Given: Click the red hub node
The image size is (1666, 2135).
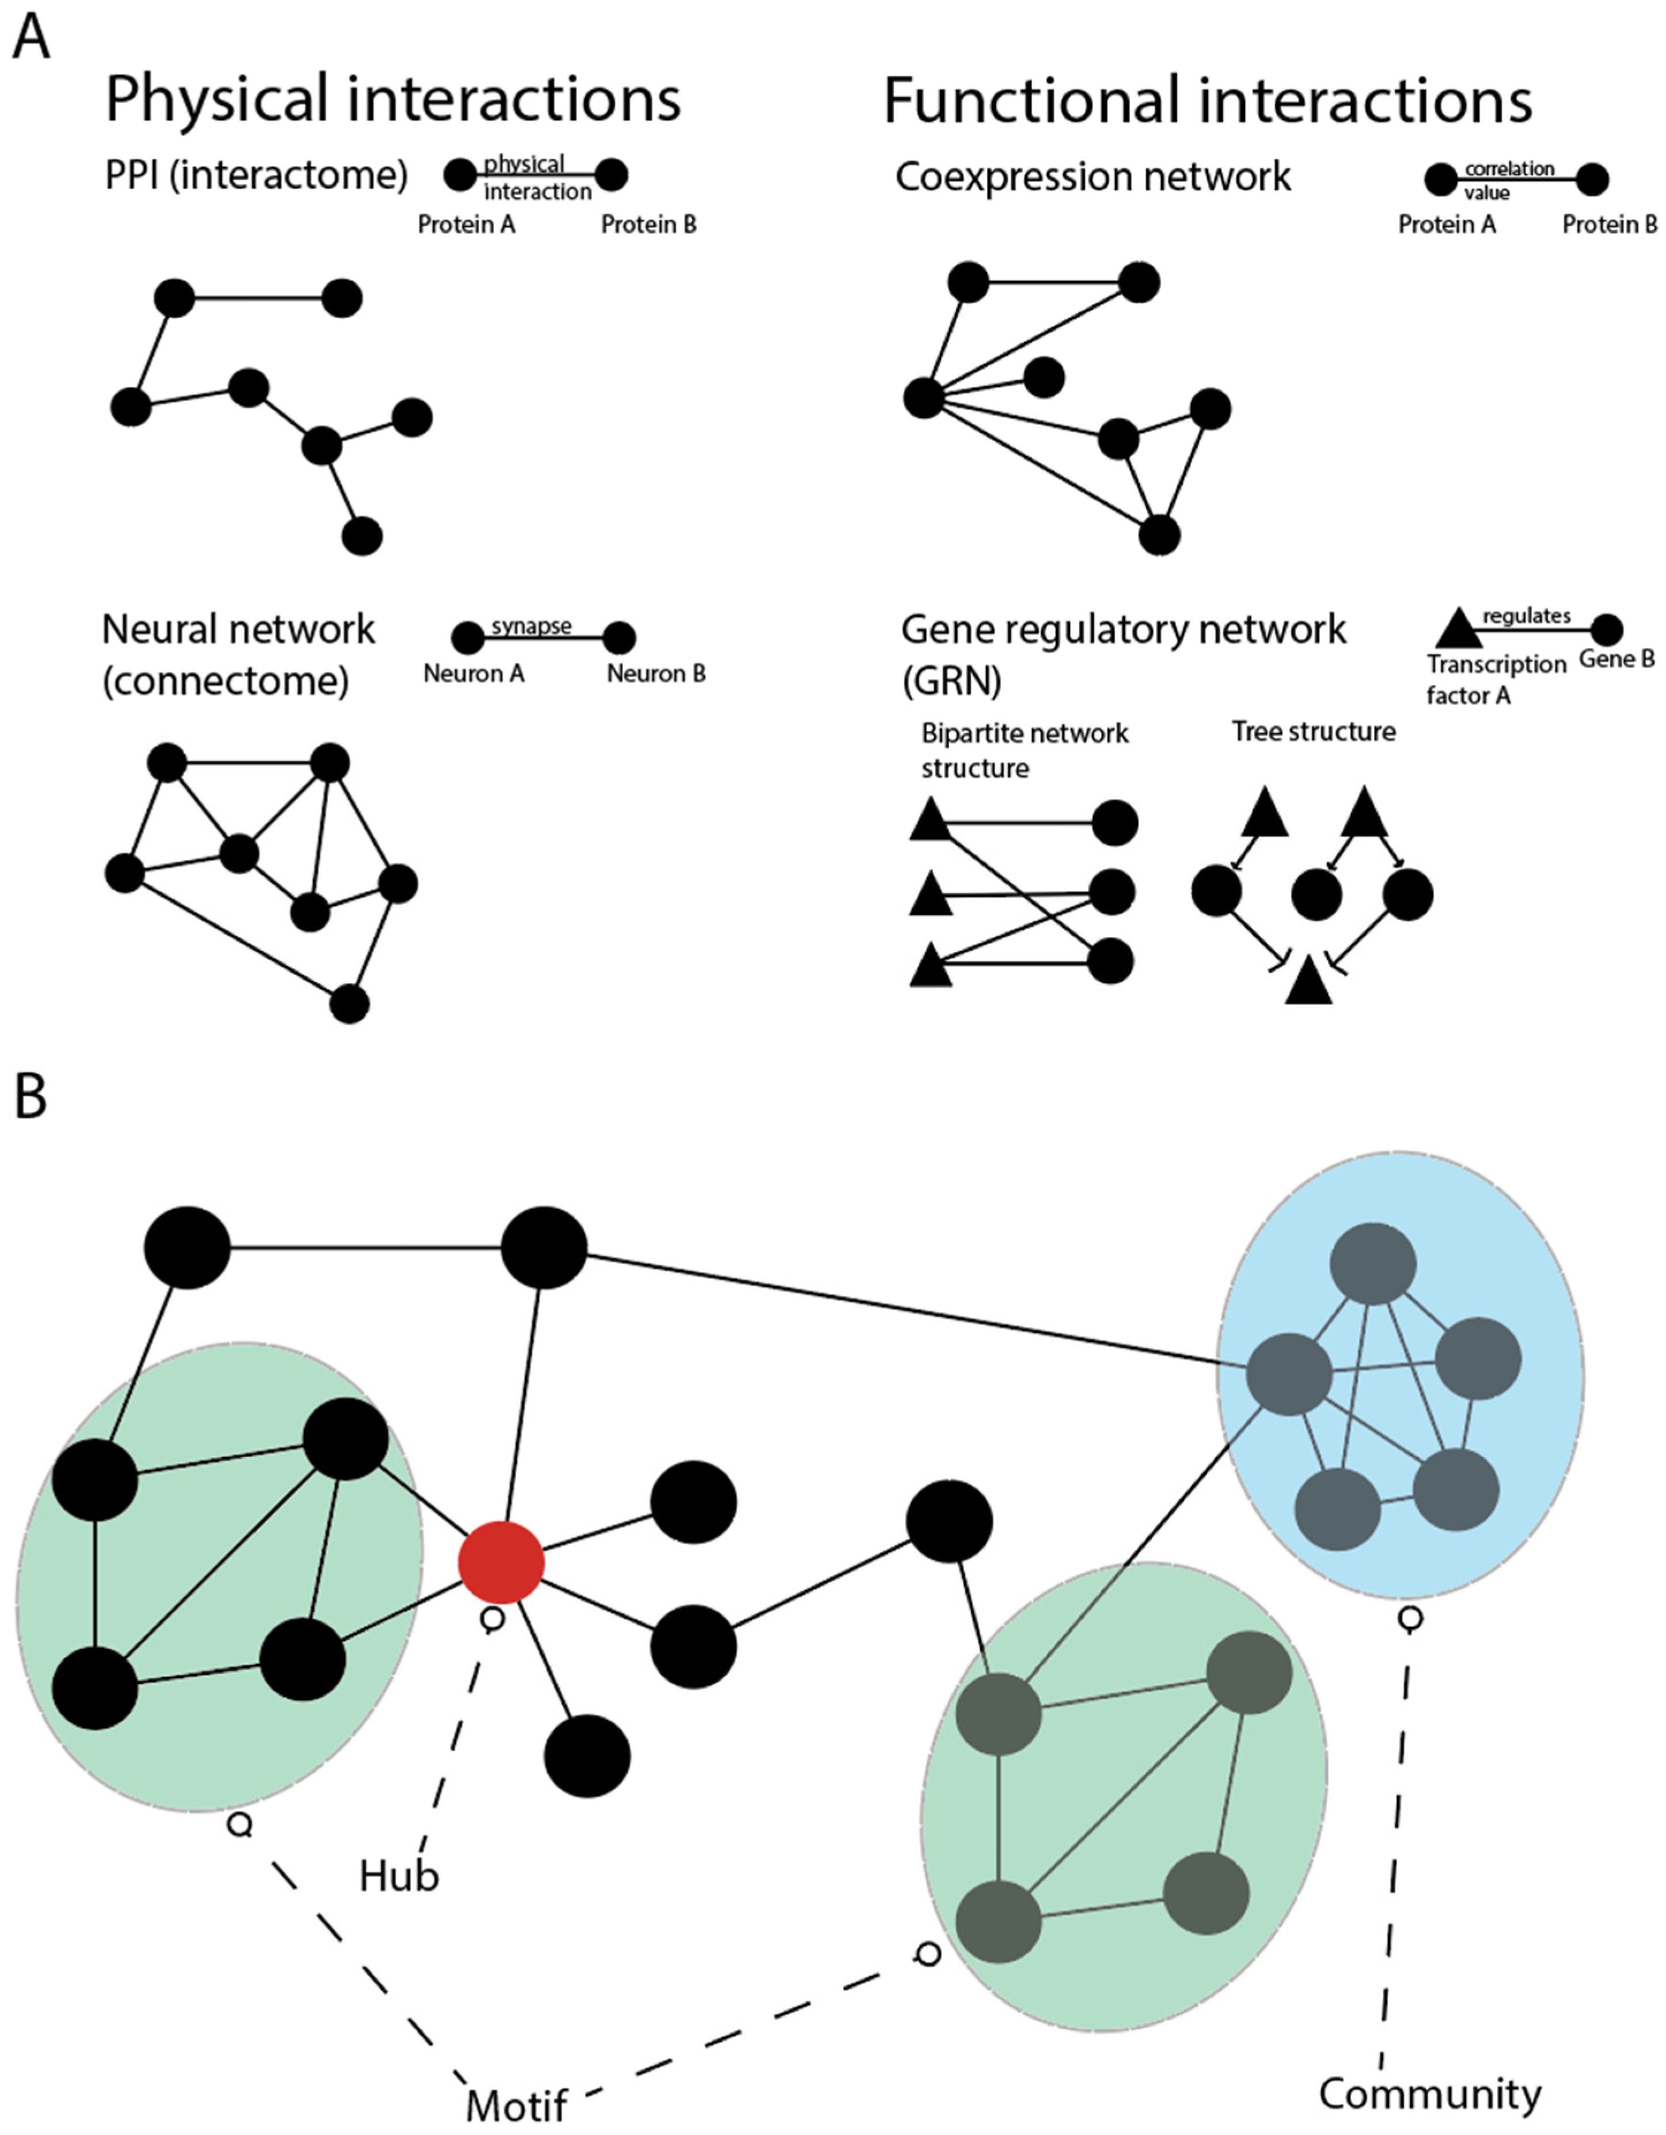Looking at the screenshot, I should [500, 1561].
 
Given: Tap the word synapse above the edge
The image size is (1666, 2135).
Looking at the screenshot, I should [531, 625].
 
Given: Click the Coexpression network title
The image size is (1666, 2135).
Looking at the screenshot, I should [1092, 177].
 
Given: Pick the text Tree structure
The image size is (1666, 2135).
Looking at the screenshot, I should [1313, 731].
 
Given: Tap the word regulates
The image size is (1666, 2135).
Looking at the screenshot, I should [1526, 615].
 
